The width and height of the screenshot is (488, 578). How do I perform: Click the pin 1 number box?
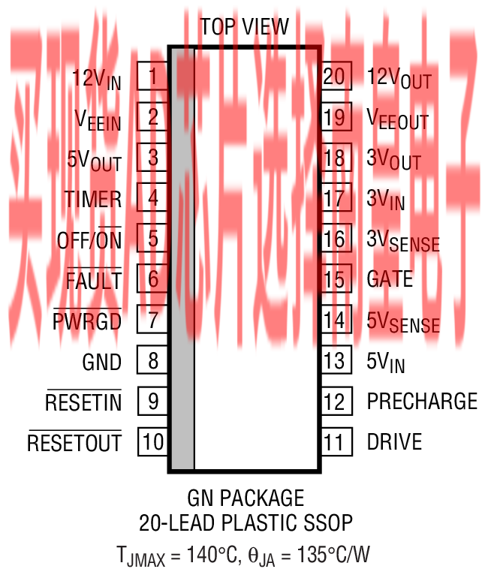(152, 77)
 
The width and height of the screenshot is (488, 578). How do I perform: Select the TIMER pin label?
(92, 199)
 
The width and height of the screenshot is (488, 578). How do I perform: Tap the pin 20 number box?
(335, 77)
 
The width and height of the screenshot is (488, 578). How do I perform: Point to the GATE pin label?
(390, 279)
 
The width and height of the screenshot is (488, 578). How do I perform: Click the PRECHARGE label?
(422, 401)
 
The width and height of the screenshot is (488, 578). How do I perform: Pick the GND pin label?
(101, 362)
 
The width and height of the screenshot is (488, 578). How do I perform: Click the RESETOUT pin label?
(74, 443)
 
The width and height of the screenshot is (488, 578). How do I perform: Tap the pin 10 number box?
(152, 441)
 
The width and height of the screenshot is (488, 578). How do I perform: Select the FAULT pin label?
(93, 281)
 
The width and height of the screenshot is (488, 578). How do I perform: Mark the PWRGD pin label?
(87, 321)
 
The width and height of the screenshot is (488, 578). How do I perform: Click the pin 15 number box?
(335, 279)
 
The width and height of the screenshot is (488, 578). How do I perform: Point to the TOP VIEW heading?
(244, 27)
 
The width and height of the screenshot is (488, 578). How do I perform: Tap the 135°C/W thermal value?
(330, 555)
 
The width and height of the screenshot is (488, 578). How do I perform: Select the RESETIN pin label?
(83, 402)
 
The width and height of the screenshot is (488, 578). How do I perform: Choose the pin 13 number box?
(335, 360)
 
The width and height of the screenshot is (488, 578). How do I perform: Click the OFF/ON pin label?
(89, 240)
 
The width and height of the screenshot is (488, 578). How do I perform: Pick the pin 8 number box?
(152, 360)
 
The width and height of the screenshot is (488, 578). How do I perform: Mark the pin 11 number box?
(335, 441)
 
